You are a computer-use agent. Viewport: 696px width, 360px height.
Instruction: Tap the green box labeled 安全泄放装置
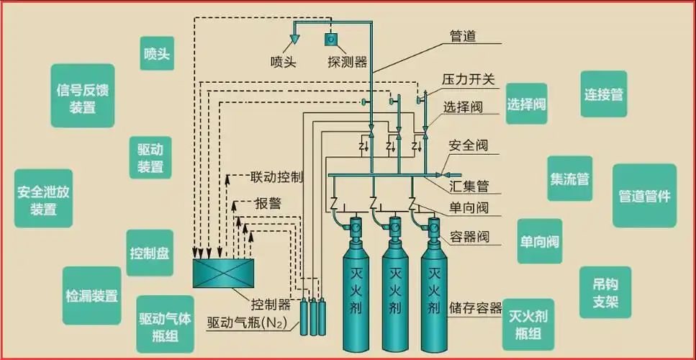(x=43, y=201)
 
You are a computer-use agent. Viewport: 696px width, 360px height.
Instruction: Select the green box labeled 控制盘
(x=150, y=253)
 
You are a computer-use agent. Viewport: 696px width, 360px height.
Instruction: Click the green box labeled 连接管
(x=603, y=94)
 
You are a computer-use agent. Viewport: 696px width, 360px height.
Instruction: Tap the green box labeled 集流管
(x=569, y=179)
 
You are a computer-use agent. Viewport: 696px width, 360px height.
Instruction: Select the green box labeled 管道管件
(x=644, y=196)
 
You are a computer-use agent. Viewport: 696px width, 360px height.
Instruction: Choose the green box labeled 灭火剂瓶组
(x=529, y=325)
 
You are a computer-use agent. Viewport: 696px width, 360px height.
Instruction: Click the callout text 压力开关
(x=469, y=79)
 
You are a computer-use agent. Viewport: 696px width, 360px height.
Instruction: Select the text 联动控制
(x=276, y=176)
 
